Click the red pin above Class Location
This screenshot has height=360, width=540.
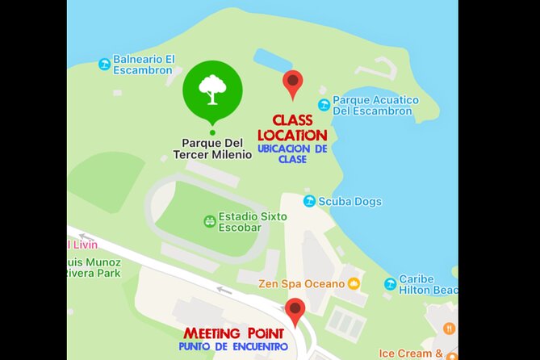coord(292,82)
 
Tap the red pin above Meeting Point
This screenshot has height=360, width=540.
coord(295,310)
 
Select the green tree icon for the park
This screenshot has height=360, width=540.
coord(212,90)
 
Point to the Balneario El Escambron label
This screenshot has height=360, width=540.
coord(144,65)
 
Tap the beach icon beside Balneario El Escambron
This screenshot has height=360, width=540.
coord(104,64)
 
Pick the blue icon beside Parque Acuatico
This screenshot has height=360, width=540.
coord(324,105)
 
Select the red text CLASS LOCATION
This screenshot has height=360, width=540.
coord(291,128)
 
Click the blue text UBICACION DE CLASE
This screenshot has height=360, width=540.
coord(292,154)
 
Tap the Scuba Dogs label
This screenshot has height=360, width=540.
coord(350,201)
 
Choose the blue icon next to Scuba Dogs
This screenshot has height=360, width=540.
coord(309,201)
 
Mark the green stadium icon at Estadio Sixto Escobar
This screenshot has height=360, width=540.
coord(209,220)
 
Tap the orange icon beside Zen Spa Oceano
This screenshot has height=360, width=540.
coord(354,283)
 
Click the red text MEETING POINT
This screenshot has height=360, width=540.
coord(233,333)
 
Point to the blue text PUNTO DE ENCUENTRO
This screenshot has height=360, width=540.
coord(233,347)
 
